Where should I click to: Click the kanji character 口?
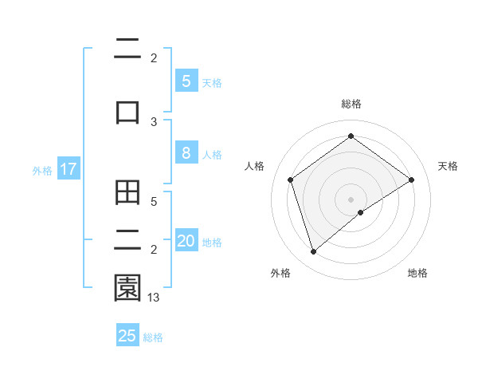[x=127, y=112]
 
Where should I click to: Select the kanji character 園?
[x=127, y=287]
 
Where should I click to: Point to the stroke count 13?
[x=154, y=297]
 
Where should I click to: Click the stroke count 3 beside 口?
[x=154, y=122]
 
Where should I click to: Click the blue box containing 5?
[x=186, y=81]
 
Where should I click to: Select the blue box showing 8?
[x=186, y=153]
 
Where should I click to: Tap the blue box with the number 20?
[x=186, y=241]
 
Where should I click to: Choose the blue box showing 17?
[x=68, y=169]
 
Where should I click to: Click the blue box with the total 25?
[x=127, y=336]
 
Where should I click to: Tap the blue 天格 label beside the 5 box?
[x=212, y=82]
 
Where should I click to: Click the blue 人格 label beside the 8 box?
[x=212, y=155]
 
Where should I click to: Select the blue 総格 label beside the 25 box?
[x=154, y=337]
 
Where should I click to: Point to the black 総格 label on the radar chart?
[x=351, y=104]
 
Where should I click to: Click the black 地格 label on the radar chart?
[x=417, y=273]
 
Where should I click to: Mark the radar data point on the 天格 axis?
[x=411, y=180]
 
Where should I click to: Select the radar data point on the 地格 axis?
[x=361, y=212]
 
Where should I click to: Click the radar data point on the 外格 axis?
[x=313, y=252]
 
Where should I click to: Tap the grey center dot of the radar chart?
[x=351, y=199]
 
